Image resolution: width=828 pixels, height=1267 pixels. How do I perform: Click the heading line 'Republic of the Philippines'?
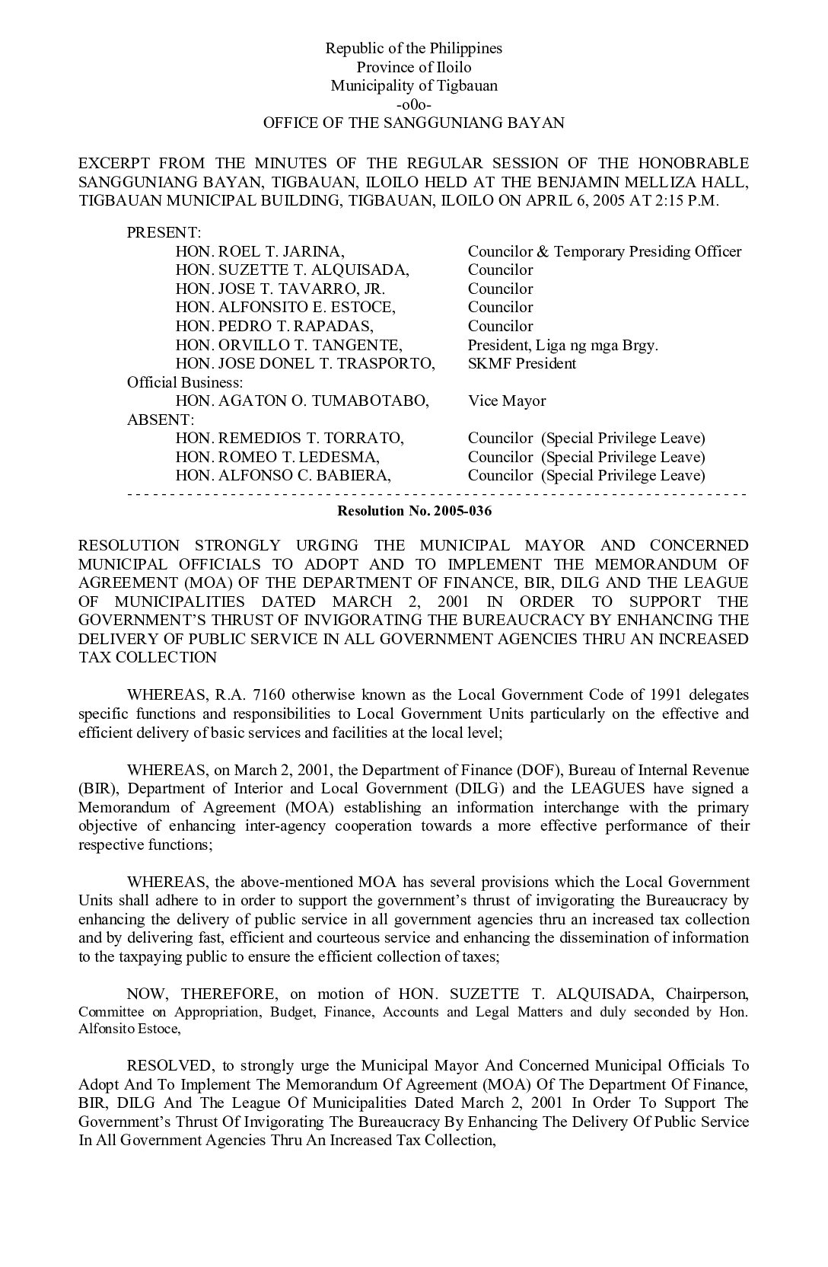coord(414,48)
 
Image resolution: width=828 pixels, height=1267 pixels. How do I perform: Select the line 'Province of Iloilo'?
coord(414,67)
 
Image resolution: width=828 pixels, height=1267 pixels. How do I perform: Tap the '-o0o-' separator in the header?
coord(414,104)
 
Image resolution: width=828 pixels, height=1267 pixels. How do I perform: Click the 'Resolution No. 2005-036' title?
coord(414,511)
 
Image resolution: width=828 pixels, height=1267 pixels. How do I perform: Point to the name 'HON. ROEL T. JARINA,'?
coord(260,251)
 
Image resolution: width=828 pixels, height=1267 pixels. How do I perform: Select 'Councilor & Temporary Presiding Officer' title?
coord(604,251)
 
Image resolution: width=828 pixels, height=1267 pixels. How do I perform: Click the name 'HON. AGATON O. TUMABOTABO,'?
coord(302,401)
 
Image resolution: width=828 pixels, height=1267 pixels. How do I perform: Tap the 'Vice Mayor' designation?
coord(507,401)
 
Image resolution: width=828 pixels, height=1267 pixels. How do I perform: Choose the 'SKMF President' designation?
coord(522,363)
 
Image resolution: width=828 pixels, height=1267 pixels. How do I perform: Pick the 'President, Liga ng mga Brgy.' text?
coord(563,345)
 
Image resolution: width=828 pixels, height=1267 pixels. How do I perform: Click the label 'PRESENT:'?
coord(164,232)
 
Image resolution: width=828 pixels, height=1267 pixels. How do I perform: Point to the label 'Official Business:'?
coord(185,382)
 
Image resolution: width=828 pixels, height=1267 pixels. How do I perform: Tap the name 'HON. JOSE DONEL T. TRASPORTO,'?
coord(305,363)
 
